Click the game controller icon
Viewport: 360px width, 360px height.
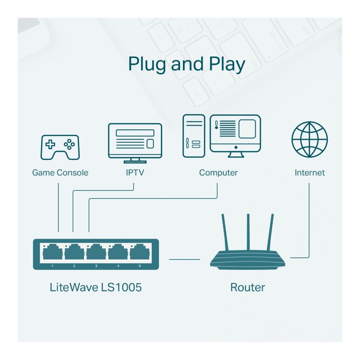(x=60, y=147)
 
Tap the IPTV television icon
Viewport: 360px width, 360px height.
(x=135, y=143)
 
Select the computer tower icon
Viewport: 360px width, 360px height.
(x=194, y=136)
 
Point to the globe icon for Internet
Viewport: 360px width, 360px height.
(x=309, y=139)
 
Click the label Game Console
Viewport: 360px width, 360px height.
(x=60, y=173)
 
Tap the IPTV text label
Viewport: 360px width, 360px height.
(x=135, y=173)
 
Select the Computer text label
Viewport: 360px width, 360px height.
(x=218, y=173)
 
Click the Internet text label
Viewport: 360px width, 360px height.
(x=310, y=173)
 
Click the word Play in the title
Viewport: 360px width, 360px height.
(x=227, y=64)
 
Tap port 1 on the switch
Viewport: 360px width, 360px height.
(x=52, y=252)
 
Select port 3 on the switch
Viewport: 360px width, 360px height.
(x=96, y=252)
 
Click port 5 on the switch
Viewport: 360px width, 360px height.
(x=140, y=252)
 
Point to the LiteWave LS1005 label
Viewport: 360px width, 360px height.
(x=95, y=287)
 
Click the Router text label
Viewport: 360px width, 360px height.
(x=248, y=287)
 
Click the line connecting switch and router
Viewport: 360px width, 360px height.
(x=184, y=259)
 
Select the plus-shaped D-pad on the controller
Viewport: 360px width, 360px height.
(x=50, y=144)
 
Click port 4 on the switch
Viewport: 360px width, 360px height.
(x=118, y=252)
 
